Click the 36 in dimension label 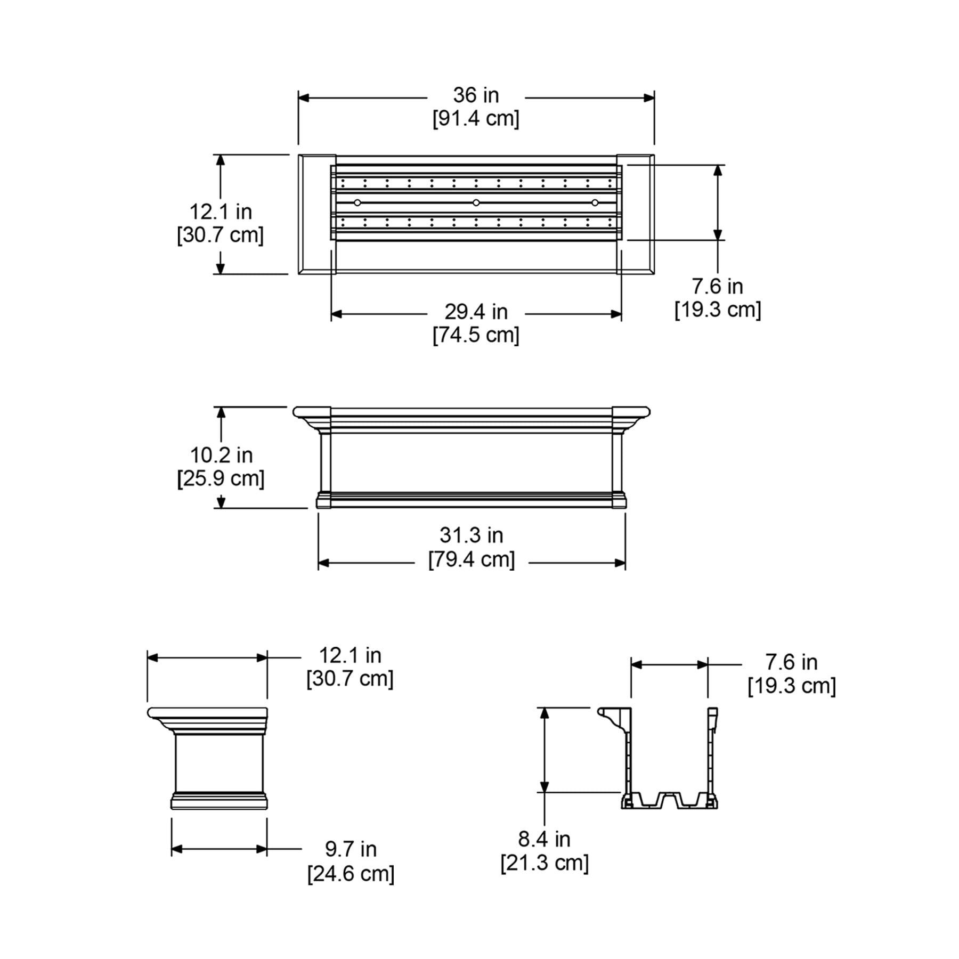coord(476,95)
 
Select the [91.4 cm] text coord(476,118)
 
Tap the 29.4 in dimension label coord(476,312)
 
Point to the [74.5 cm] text coord(476,335)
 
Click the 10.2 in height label coord(221,455)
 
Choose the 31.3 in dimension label coord(471,535)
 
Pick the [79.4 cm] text coord(472,560)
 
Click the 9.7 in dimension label coord(351,849)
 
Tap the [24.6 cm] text coord(351,874)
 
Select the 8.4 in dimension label coord(544,839)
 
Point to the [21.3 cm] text coord(544,863)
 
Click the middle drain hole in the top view coord(476,202)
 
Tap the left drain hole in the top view coord(357,202)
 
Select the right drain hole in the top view coord(595,202)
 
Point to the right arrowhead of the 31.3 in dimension coord(620,563)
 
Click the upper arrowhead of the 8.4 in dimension coord(544,713)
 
